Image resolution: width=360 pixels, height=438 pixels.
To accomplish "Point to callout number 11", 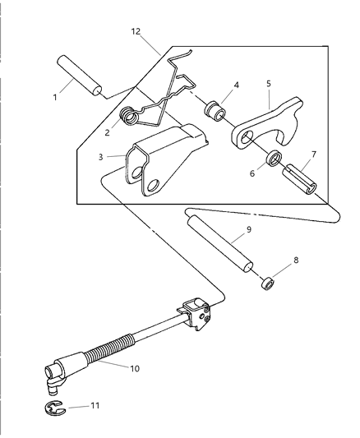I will (x=96, y=404).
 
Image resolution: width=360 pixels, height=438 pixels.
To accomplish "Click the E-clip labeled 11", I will (x=53, y=406).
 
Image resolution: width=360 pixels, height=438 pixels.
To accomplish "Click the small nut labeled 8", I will (x=265, y=284).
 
